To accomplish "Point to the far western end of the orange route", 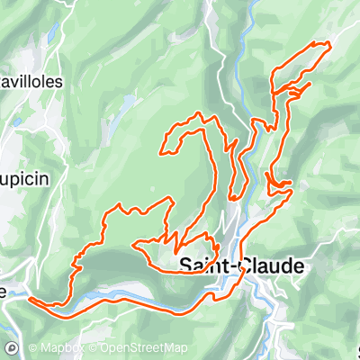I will point(30,298).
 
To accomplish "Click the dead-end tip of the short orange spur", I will point(310,85).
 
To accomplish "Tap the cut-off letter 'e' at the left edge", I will point(4,292).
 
